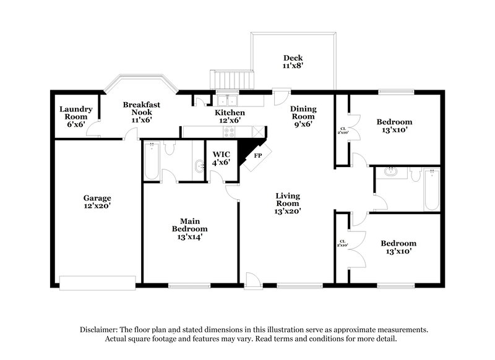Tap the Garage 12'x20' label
(x=97, y=202)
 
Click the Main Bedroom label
(x=190, y=228)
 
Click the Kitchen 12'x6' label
(x=230, y=117)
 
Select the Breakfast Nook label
(x=141, y=112)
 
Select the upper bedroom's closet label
(x=342, y=131)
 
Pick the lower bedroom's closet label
(x=342, y=244)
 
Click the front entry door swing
(x=252, y=280)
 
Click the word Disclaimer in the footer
(x=99, y=330)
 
